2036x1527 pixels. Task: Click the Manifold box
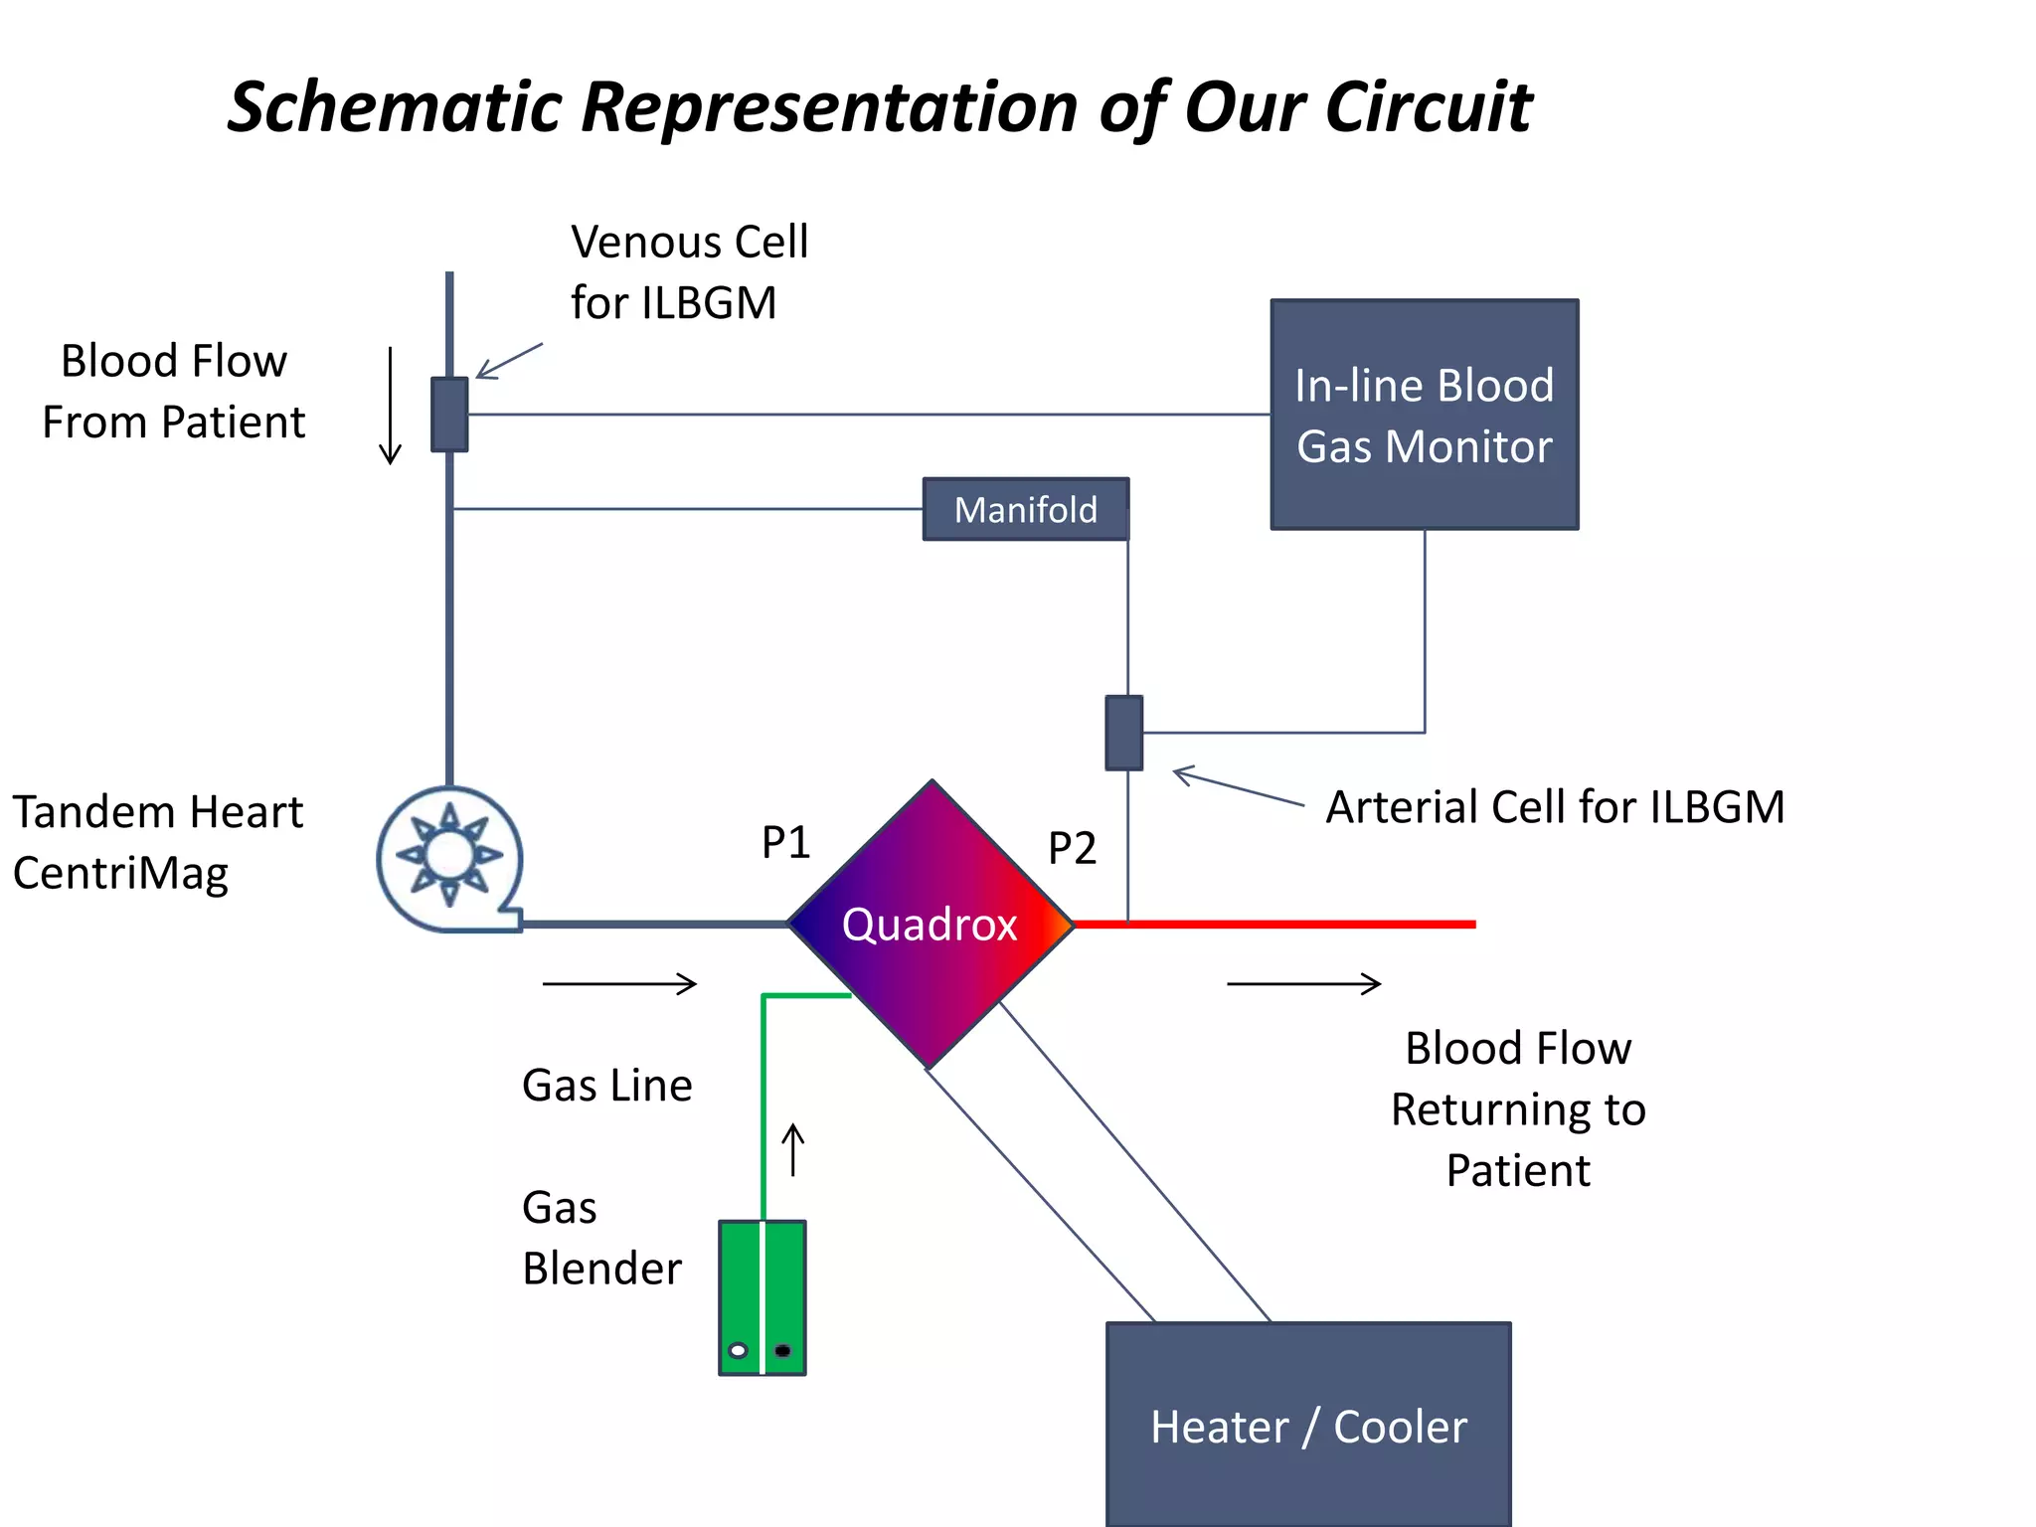coord(1025,509)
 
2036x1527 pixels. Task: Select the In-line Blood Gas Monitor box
coord(1424,415)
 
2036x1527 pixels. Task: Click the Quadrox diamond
coord(931,925)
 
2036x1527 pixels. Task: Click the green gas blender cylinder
coord(763,1296)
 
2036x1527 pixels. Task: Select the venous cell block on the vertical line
coord(449,415)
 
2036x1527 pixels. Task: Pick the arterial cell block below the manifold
coord(1124,733)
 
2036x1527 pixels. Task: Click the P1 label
coord(785,843)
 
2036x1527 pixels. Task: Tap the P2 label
coord(1072,849)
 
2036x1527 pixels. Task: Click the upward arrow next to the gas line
coord(792,1150)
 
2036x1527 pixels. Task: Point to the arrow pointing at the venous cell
coord(509,361)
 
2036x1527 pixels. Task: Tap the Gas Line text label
coord(606,1086)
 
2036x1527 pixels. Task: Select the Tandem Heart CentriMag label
coord(157,842)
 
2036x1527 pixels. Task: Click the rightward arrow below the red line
coord(1304,984)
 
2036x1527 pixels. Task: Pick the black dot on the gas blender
coord(782,1350)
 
